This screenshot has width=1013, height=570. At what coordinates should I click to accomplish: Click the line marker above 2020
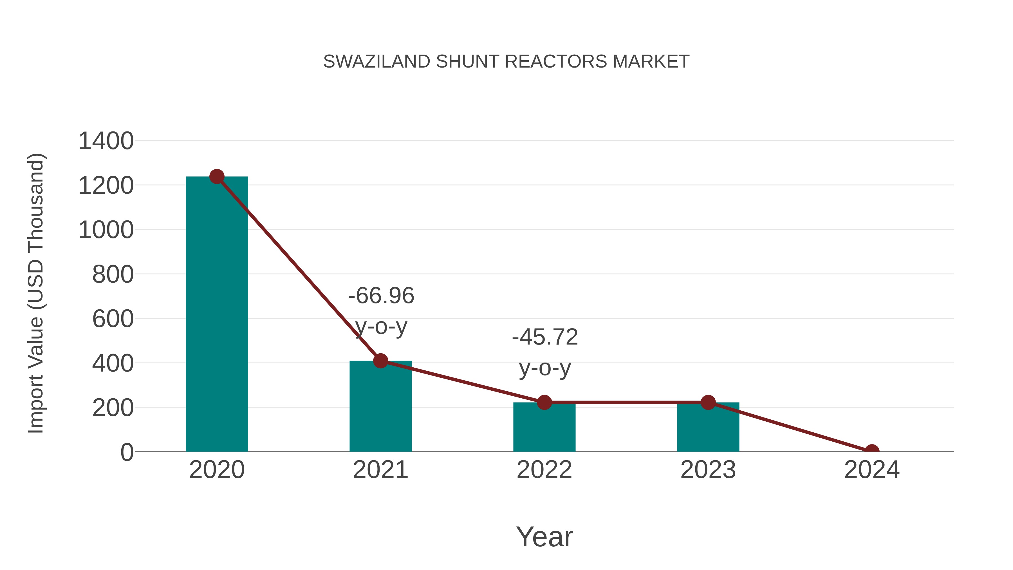[217, 176]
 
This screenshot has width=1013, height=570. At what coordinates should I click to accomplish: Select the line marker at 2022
[544, 403]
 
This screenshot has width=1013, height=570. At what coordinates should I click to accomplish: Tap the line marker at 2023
[708, 403]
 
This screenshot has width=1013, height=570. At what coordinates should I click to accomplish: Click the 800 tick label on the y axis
[113, 274]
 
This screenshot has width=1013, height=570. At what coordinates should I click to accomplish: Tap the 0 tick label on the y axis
[127, 452]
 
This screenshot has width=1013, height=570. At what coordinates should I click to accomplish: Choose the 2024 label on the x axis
[872, 470]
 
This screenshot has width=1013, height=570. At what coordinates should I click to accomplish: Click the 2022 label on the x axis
[544, 470]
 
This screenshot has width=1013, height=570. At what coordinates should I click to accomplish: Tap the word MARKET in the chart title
[651, 62]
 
